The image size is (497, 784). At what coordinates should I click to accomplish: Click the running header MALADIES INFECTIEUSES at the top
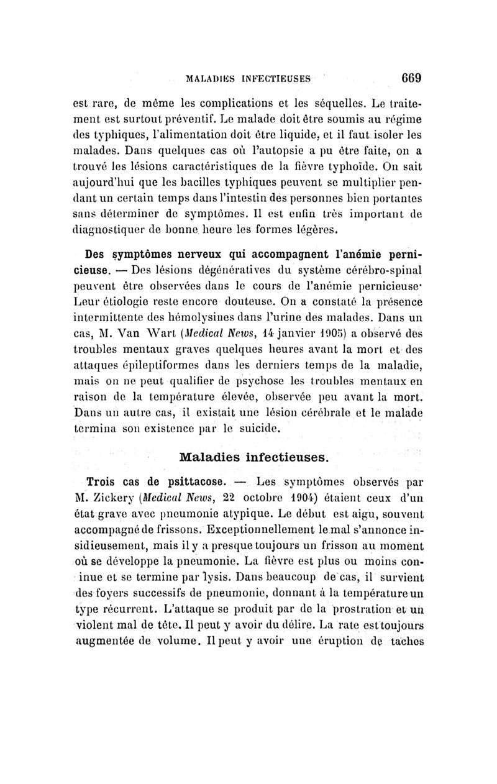(x=257, y=80)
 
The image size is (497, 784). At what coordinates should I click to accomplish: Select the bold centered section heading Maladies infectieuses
(x=253, y=457)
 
